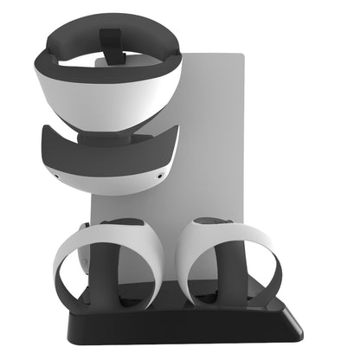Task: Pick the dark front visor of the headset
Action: (x=104, y=143)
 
